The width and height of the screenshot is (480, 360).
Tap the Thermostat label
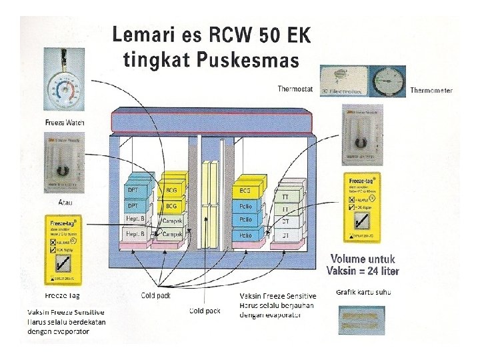(x=295, y=89)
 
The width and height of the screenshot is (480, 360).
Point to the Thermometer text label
(x=431, y=90)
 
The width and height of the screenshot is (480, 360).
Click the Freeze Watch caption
(x=65, y=122)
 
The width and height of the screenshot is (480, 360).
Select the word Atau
(x=64, y=202)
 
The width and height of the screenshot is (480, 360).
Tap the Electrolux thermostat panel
(x=343, y=81)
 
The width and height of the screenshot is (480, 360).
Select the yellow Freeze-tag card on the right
(x=362, y=205)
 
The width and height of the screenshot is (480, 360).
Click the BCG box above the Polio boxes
(x=243, y=191)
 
